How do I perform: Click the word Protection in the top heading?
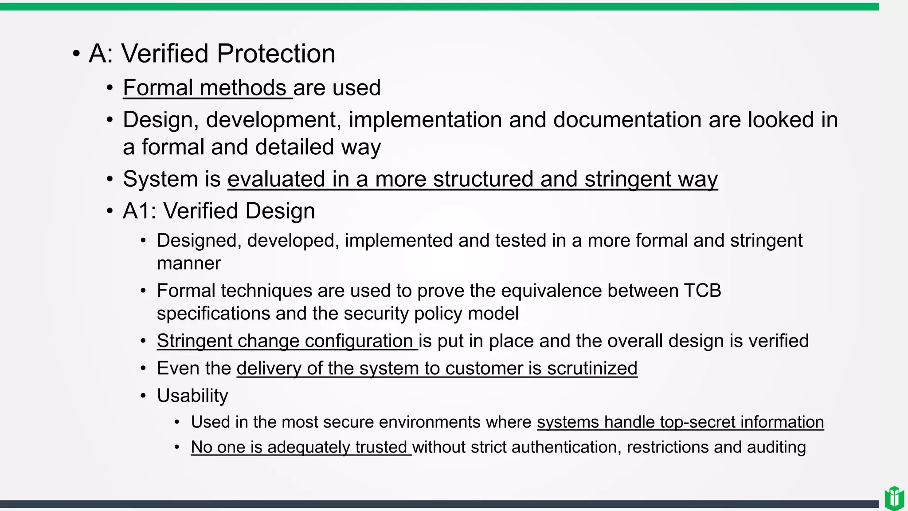276,54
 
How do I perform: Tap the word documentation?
627,120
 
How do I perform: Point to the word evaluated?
276,179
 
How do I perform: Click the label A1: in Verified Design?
139,211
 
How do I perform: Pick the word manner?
189,263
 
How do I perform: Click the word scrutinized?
592,369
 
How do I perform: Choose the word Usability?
192,396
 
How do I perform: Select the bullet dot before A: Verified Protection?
76,54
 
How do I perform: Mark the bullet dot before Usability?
143,396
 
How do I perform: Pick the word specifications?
213,314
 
